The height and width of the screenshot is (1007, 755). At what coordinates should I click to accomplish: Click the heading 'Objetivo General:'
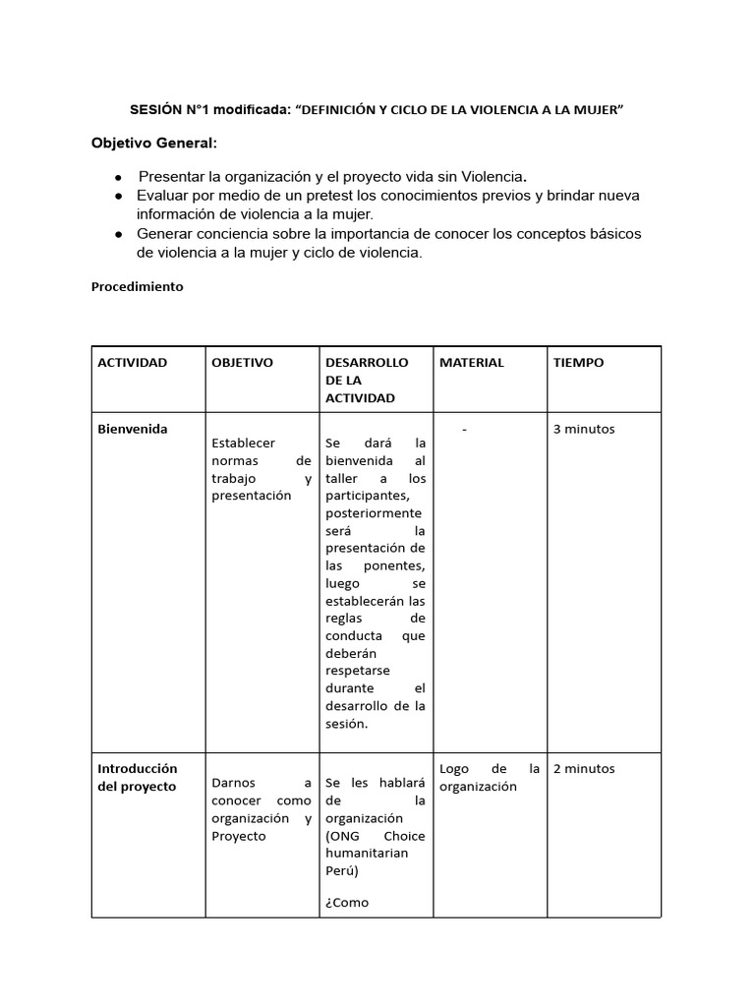154,144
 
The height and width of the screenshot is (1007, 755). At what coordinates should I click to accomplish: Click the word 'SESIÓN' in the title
156,110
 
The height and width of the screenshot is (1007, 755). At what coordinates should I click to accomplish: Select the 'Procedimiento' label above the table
137,287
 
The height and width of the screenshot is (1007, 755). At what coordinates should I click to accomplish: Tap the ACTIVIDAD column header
132,362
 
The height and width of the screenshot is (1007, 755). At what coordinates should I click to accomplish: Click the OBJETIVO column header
242,362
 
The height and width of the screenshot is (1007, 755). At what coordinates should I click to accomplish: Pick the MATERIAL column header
471,362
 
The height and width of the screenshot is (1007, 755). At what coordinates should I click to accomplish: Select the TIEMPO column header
578,362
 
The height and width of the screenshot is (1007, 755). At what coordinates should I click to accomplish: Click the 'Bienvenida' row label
132,429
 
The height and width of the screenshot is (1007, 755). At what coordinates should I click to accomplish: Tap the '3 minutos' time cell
584,429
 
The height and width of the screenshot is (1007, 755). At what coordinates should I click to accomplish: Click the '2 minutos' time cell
584,768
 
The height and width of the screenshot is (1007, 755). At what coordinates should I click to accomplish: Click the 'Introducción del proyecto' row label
137,777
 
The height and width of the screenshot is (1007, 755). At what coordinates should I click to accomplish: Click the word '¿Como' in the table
346,902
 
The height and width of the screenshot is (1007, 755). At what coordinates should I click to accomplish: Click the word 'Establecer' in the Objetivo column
243,444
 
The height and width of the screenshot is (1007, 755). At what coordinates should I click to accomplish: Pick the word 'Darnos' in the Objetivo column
232,784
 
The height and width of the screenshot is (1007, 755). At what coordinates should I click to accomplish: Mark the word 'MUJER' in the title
596,110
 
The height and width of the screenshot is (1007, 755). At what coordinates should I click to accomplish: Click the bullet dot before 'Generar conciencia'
118,234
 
